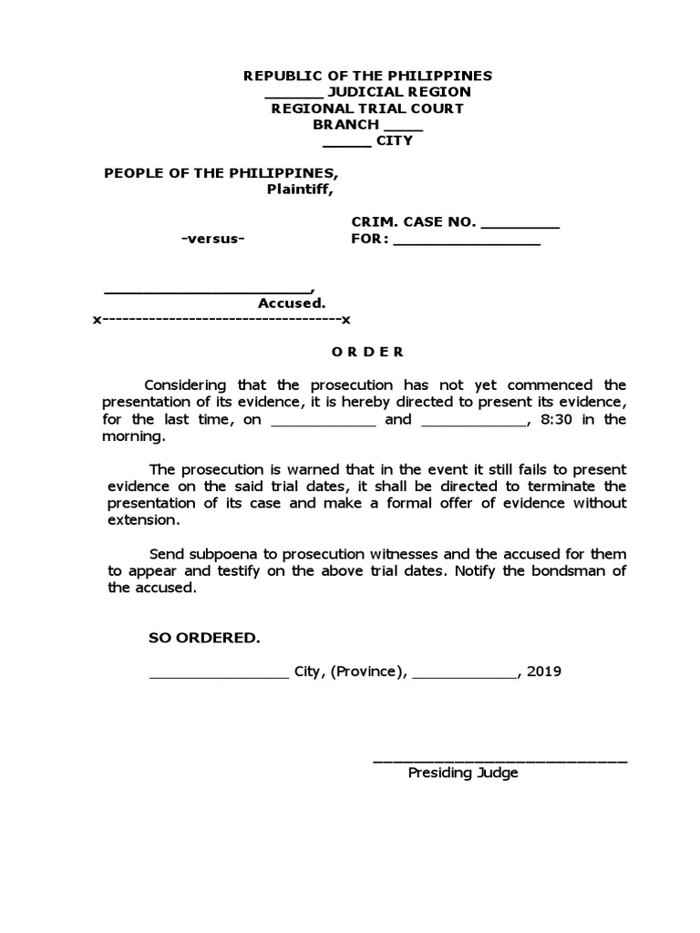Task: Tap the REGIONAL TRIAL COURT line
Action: pos(367,108)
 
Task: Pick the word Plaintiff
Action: pos(299,190)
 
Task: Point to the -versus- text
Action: pos(212,239)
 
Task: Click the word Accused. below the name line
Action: pos(292,303)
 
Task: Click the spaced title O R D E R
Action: pos(367,352)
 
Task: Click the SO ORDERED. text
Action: pos(204,638)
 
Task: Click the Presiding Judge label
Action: pos(463,773)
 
